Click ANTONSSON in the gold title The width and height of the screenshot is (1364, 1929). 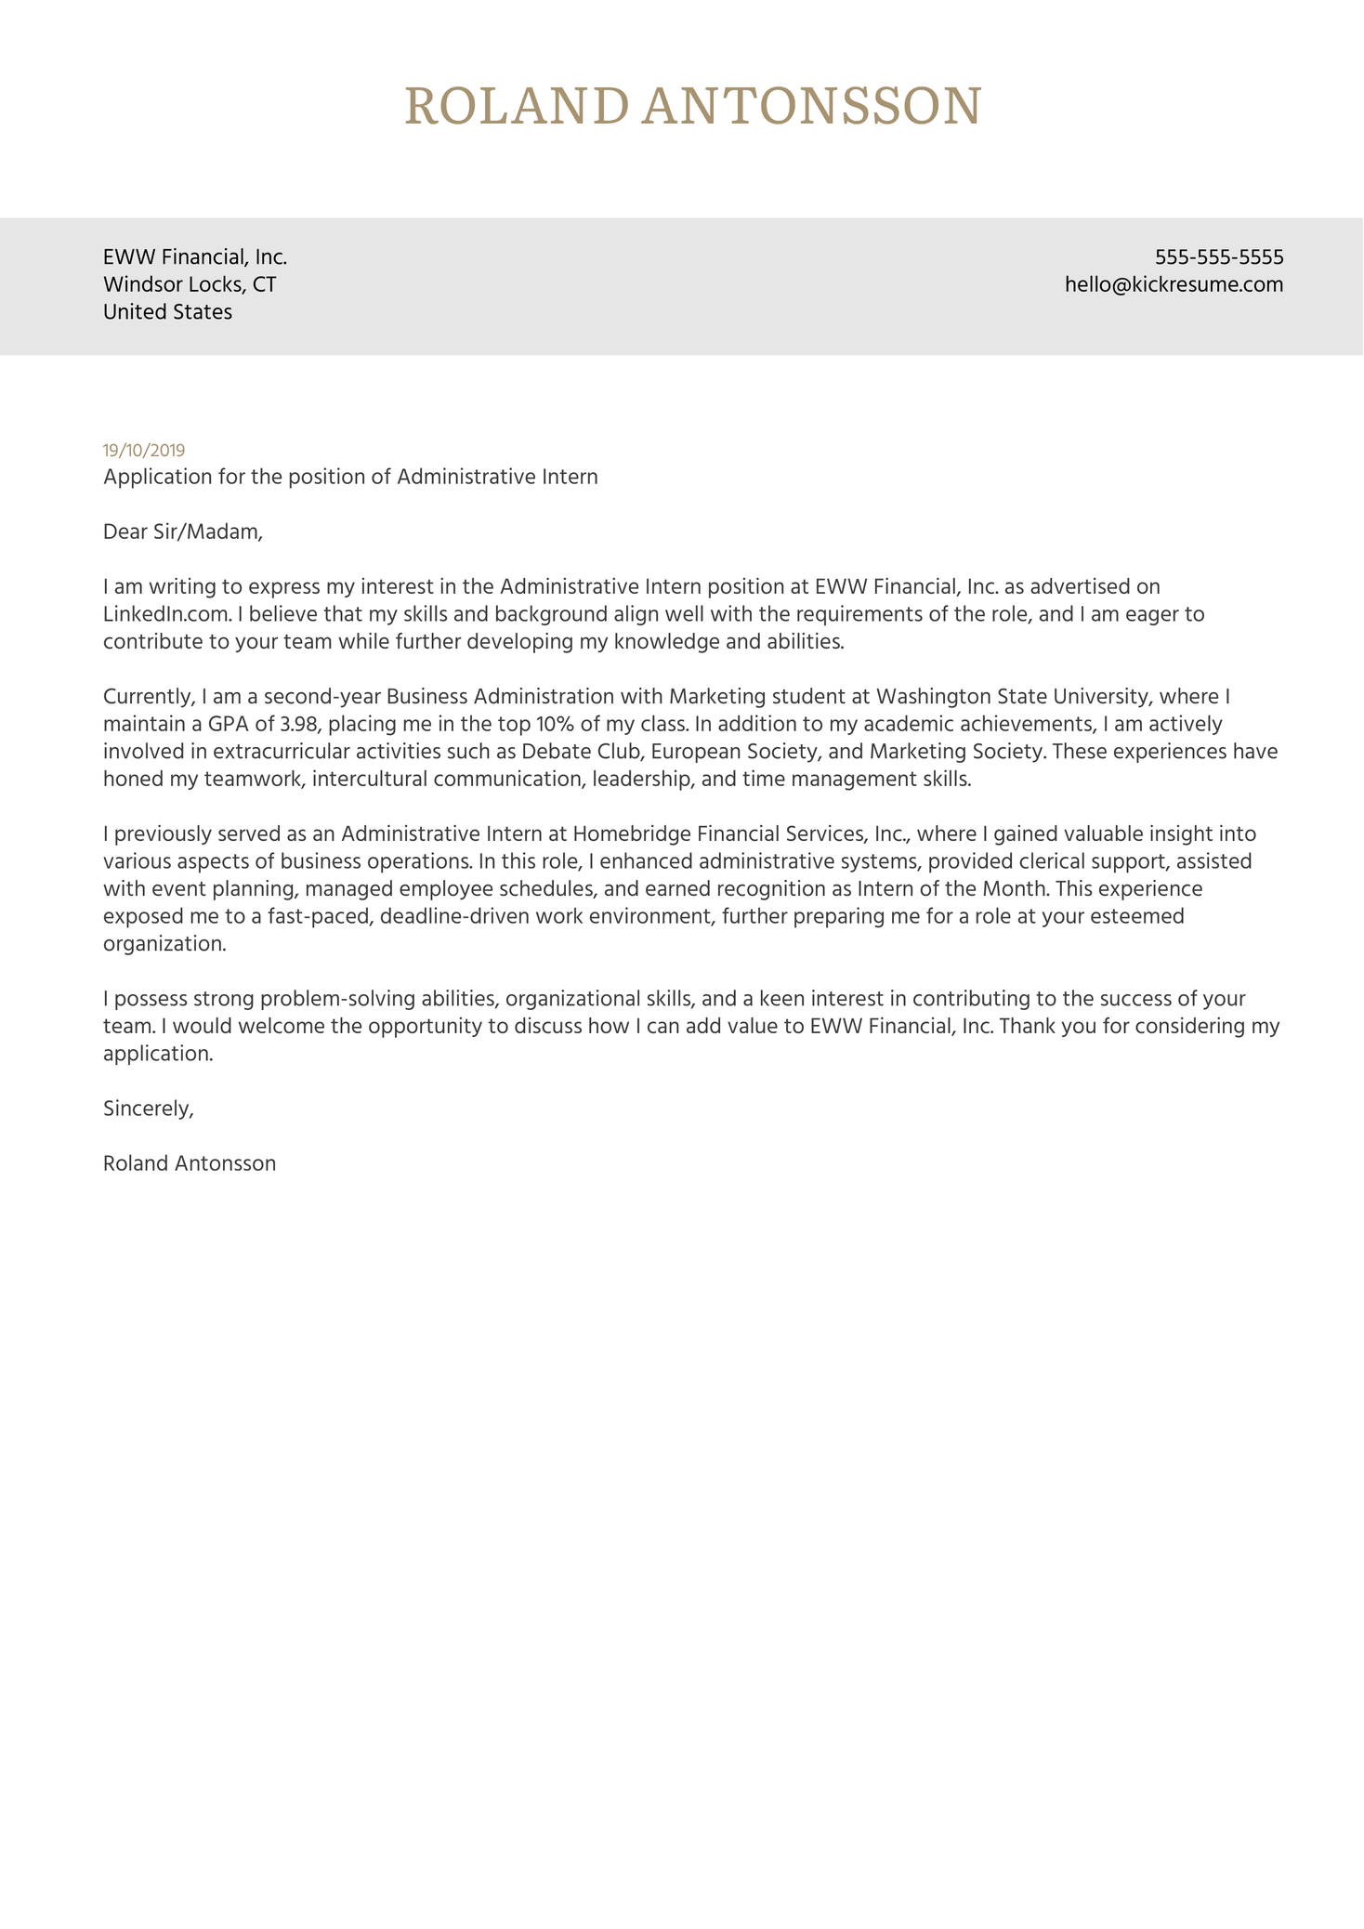[811, 106]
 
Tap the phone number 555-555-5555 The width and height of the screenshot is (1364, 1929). [1218, 256]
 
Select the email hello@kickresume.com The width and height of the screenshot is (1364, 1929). [1174, 284]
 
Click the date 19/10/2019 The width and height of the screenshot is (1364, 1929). [144, 451]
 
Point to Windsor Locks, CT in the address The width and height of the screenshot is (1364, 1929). [190, 284]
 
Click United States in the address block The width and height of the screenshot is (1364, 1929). [167, 312]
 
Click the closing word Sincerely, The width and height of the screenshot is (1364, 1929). [149, 1108]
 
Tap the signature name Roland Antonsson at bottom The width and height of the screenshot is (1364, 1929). [190, 1163]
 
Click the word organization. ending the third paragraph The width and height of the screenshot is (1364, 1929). [164, 944]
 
